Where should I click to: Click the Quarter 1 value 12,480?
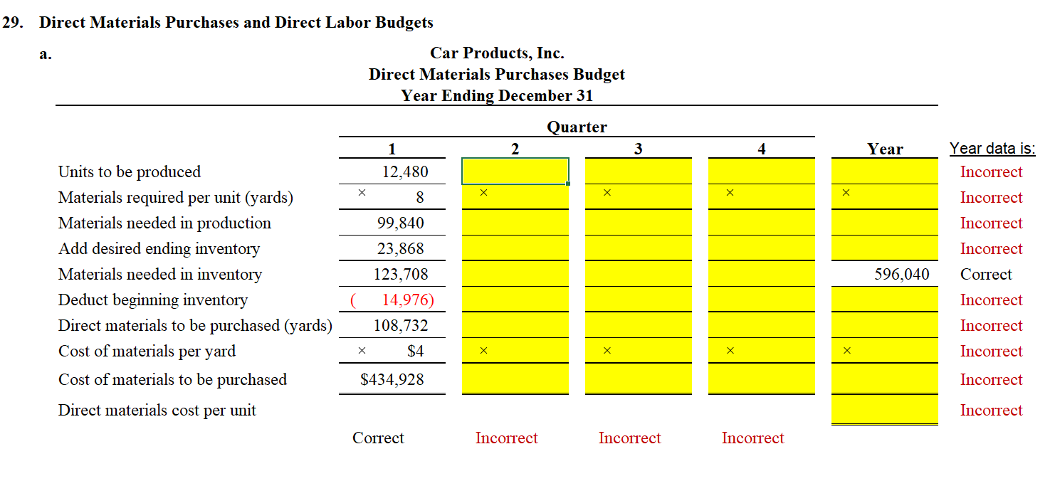(405, 171)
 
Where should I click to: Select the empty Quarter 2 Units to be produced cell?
(515, 171)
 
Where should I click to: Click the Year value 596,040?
(902, 275)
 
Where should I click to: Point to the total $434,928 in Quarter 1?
(392, 380)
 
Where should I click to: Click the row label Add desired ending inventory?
(159, 249)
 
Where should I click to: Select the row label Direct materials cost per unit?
(157, 411)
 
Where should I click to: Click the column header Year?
(885, 149)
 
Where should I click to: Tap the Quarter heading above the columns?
(577, 127)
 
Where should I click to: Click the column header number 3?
(638, 149)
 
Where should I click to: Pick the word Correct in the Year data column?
(986, 275)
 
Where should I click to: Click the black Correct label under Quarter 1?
(378, 438)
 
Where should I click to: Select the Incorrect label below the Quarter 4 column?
(752, 438)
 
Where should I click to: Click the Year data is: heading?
(992, 149)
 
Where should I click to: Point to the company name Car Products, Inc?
(497, 53)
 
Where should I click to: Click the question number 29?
(11, 23)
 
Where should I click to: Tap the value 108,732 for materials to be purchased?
(401, 326)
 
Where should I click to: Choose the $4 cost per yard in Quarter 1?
(415, 351)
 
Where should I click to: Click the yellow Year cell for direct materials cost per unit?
(884, 410)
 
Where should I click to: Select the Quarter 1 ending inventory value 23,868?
(400, 249)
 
